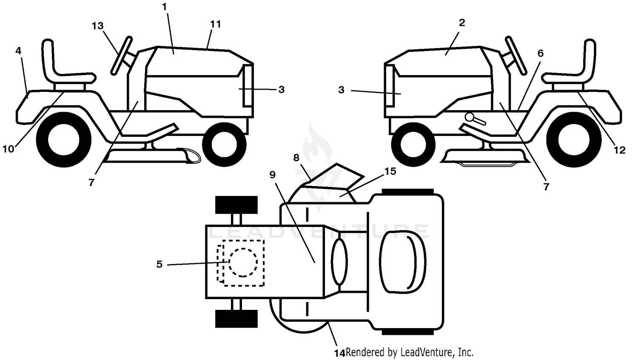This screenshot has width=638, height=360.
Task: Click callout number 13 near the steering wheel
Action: click(x=97, y=26)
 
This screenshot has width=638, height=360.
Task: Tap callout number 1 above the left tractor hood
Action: click(x=164, y=7)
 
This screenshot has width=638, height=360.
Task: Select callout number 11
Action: click(x=216, y=24)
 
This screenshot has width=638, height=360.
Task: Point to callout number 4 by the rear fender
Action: click(x=18, y=51)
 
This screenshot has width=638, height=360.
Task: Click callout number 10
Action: click(x=8, y=149)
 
